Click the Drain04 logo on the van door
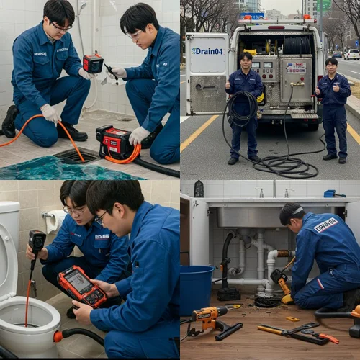(x=207, y=51)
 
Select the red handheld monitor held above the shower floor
(x=93, y=63)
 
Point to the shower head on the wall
(x=83, y=6)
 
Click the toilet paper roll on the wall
(x=54, y=220)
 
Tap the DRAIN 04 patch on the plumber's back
(x=325, y=225)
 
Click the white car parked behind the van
(x=351, y=54)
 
